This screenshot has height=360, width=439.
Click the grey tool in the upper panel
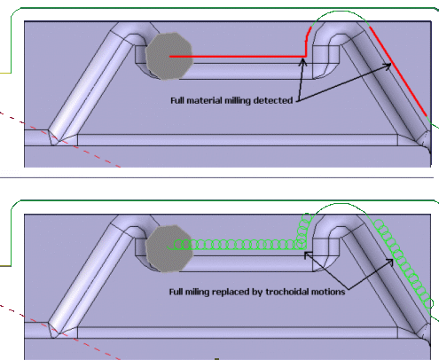point(169,56)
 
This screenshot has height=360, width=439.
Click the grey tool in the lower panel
point(169,248)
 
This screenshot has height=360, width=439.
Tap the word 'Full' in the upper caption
point(177,100)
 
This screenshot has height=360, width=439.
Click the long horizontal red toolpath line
point(238,56)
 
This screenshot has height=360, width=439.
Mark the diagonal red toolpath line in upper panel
point(398,71)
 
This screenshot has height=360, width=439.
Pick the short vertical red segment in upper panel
point(306,44)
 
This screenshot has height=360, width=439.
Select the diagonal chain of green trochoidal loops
point(404,263)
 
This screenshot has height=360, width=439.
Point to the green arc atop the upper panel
point(340,12)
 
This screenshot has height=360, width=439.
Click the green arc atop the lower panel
point(340,204)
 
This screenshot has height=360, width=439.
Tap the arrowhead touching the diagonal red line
point(388,66)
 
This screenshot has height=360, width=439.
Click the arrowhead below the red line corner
point(302,62)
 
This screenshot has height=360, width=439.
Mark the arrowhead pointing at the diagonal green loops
point(390,262)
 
